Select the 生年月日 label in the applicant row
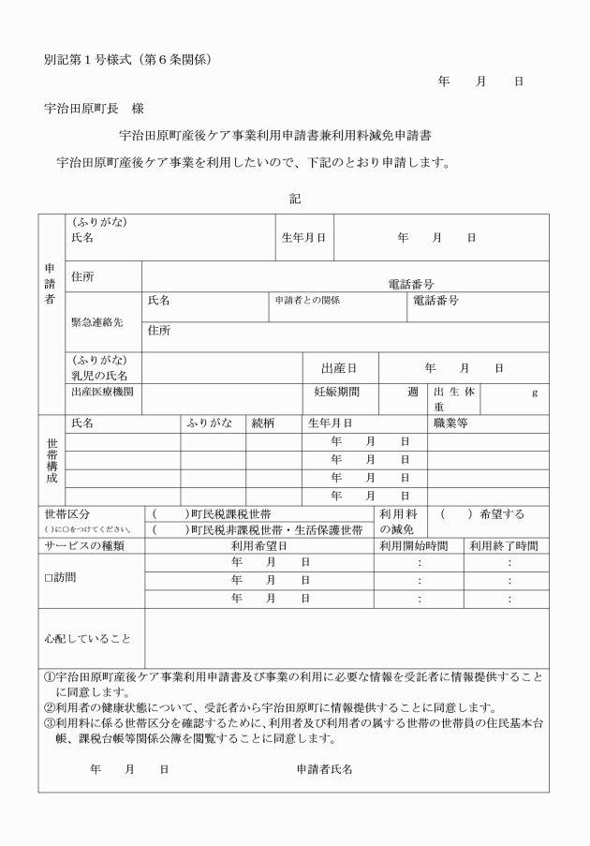[x=304, y=238]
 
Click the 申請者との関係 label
[x=306, y=301]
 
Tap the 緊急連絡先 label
[x=96, y=321]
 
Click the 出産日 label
[x=338, y=368]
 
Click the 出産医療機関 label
[x=102, y=392]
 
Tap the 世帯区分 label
[x=67, y=514]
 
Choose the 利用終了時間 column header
[x=504, y=545]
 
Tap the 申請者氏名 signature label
[x=324, y=769]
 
